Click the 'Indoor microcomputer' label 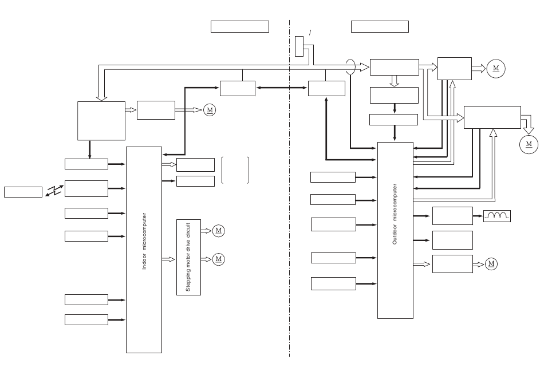[x=144, y=241]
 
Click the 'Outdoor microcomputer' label [x=395, y=214]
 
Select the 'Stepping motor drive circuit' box [x=188, y=257]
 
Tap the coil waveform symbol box [x=497, y=216]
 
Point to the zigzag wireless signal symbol [x=54, y=190]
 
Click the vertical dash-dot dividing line [x=289, y=188]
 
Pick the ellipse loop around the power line [x=350, y=66]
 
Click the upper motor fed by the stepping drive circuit [x=218, y=231]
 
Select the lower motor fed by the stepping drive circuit [x=218, y=259]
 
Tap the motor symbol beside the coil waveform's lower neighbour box [x=491, y=264]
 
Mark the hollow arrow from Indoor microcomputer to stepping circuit [x=168, y=259]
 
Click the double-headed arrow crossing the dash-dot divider [x=281, y=88]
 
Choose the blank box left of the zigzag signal [x=23, y=192]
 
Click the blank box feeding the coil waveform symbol [x=452, y=216]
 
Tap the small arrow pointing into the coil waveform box [x=478, y=216]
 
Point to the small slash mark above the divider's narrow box [x=310, y=32]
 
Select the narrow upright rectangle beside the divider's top [x=299, y=46]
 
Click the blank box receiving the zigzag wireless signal [x=86, y=188]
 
